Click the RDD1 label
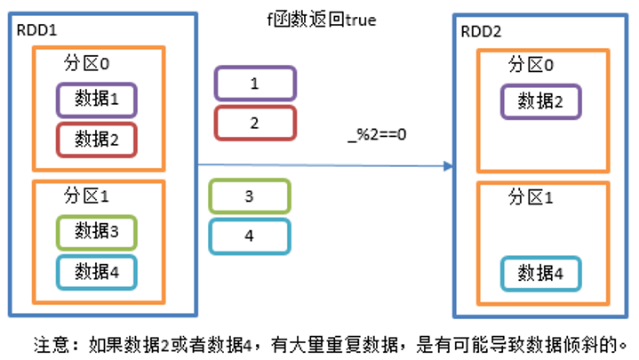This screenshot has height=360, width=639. (x=35, y=29)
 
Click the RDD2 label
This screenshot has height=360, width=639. (x=481, y=32)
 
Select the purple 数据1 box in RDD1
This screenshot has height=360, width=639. (x=97, y=100)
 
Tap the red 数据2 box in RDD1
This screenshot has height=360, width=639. (x=97, y=140)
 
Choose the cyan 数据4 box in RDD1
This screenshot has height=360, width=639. (x=97, y=271)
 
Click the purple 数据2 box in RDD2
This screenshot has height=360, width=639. (x=540, y=100)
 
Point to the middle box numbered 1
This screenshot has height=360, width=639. (x=254, y=84)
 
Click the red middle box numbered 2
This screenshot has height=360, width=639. (x=254, y=123)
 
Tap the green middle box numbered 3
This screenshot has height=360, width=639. (x=250, y=196)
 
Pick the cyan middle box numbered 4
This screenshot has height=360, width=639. (x=250, y=236)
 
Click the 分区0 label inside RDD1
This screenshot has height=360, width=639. (x=87, y=65)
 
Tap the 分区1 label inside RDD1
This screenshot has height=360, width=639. (x=87, y=196)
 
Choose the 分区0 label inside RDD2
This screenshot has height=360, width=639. (x=531, y=65)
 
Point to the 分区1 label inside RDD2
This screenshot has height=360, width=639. (x=531, y=197)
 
